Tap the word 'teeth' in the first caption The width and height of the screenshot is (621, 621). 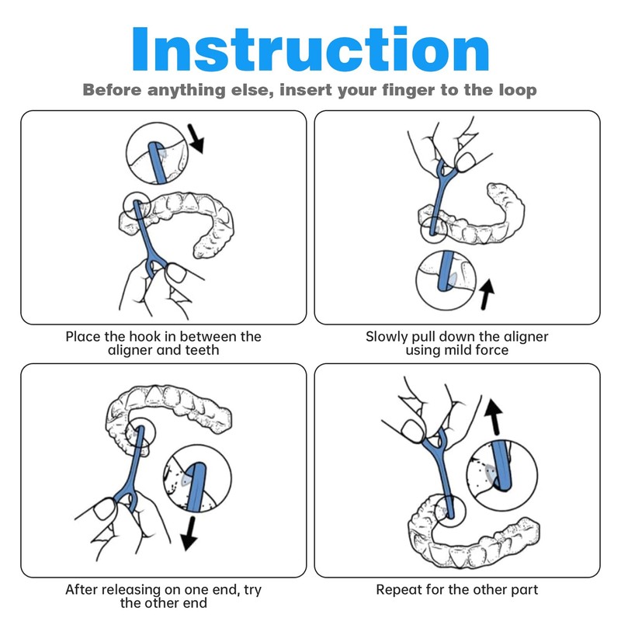200,351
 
